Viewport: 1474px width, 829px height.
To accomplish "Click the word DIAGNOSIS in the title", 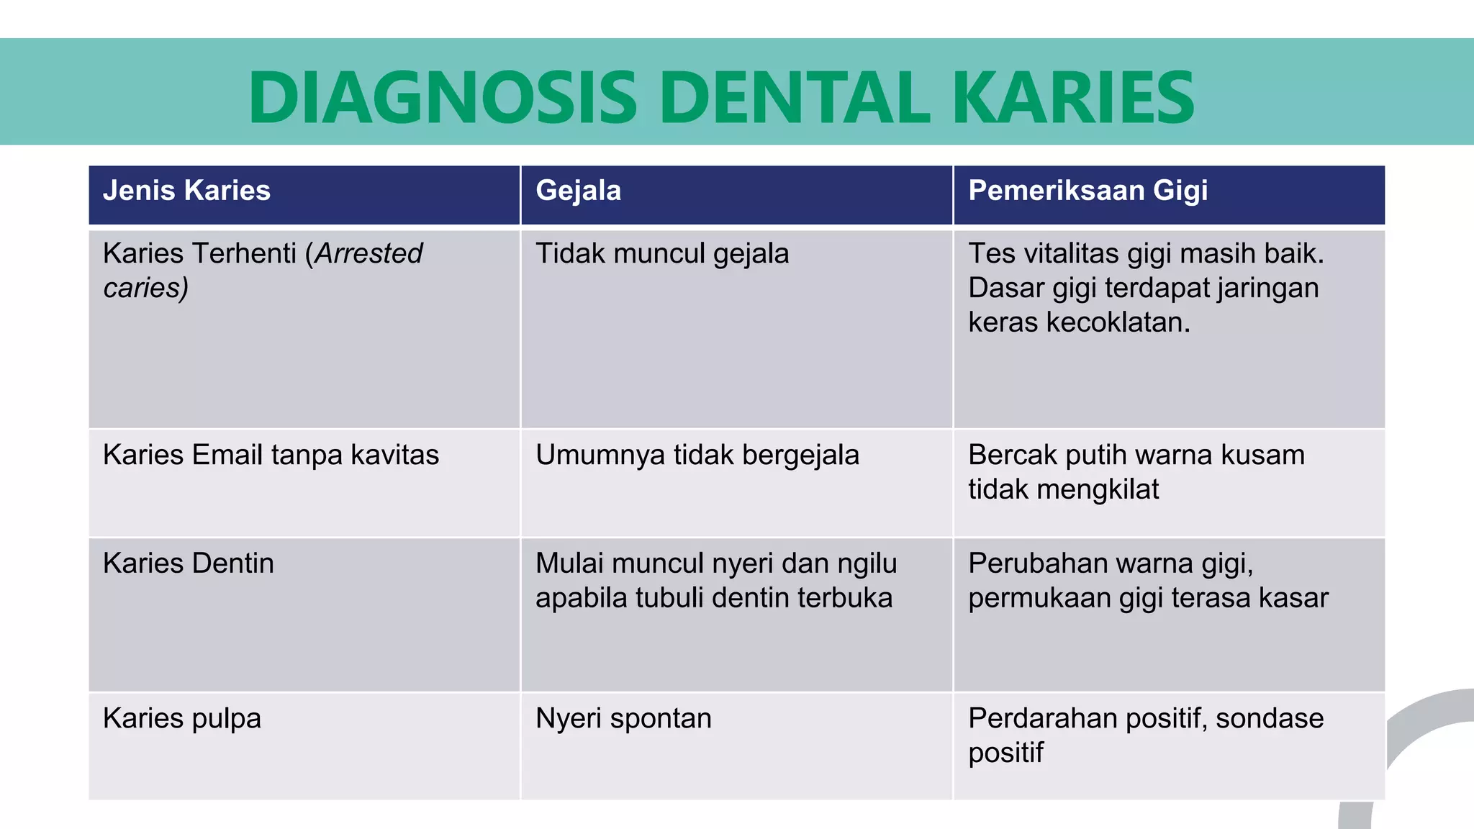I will [x=442, y=97].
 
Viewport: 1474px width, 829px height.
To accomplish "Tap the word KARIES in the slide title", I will [x=1073, y=97].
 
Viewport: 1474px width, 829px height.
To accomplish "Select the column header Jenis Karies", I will [x=186, y=191].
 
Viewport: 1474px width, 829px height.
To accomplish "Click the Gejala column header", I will [x=578, y=191].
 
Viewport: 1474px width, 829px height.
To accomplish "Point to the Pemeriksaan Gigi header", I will [x=1088, y=191].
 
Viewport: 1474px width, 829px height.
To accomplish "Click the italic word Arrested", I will [x=368, y=253].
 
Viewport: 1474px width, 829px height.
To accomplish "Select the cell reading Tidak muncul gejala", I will [x=661, y=253].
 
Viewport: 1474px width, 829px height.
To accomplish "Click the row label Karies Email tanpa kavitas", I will [x=271, y=455].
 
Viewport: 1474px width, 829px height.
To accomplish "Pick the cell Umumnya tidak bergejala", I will [x=697, y=455].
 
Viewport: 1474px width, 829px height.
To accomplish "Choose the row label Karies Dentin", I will [x=189, y=563].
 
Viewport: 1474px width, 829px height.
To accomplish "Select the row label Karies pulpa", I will [x=182, y=718].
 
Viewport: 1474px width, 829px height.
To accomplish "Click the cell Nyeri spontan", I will [x=623, y=718].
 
